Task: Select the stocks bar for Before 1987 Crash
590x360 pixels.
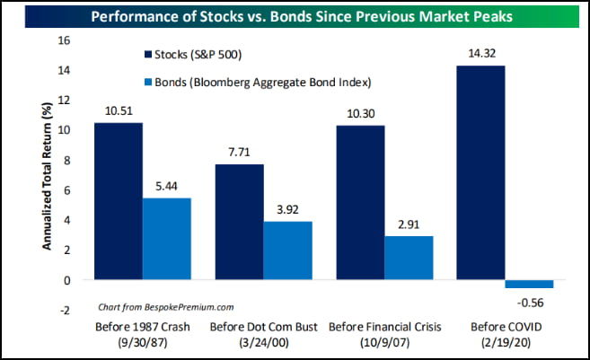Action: point(118,200)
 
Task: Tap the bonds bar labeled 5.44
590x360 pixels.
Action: point(167,238)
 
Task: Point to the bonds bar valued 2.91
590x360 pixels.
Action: point(408,258)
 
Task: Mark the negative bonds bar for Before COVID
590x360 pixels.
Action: point(528,284)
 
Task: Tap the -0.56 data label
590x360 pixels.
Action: point(529,301)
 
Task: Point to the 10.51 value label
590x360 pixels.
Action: point(118,110)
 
